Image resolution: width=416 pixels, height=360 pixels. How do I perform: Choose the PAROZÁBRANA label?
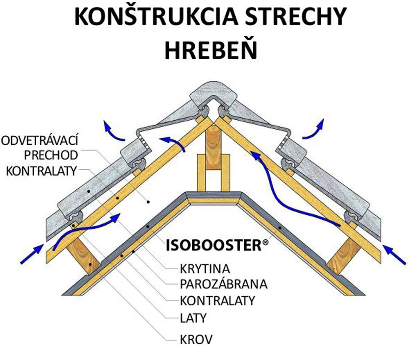(223, 284)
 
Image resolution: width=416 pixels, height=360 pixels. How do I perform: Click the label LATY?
(193, 319)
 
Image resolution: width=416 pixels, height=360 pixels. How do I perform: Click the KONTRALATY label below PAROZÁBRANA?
(217, 300)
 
